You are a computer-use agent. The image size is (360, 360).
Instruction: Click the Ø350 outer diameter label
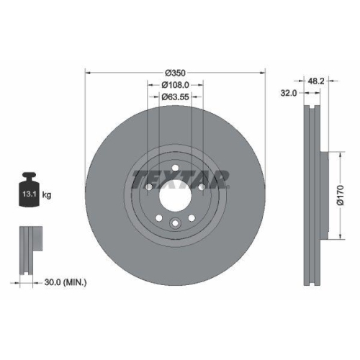(175, 73)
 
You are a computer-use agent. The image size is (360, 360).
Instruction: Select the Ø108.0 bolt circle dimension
(175, 84)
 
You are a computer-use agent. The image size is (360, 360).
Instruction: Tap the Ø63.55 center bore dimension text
(175, 96)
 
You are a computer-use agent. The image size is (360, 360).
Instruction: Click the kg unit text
(48, 194)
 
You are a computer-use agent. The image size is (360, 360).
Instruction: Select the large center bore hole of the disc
(175, 194)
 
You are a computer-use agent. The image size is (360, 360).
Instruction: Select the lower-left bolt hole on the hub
(158, 217)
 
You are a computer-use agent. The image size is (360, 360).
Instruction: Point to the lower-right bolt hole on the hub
(192, 217)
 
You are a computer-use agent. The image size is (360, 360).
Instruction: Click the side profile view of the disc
(311, 194)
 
